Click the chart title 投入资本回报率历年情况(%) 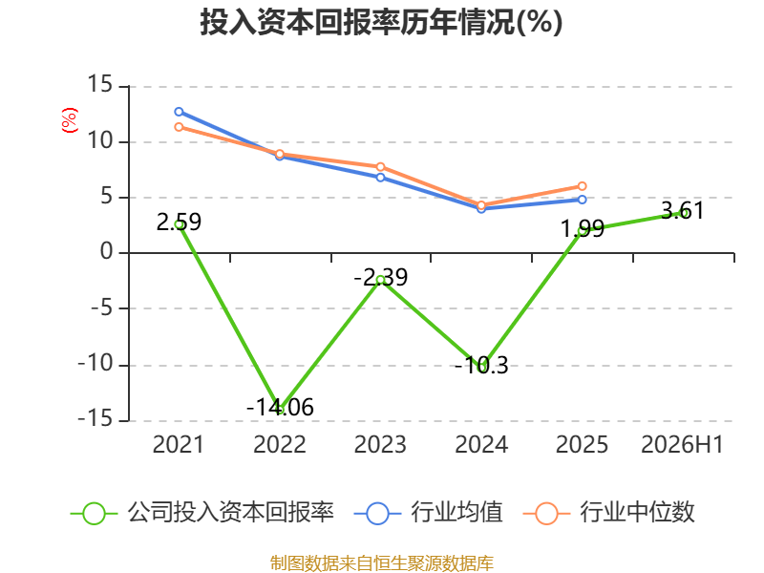pyautogui.click(x=381, y=22)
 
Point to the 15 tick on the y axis pyautogui.click(x=99, y=84)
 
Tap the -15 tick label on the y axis pyautogui.click(x=95, y=418)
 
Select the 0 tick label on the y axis pyautogui.click(x=106, y=252)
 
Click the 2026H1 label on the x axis pyautogui.click(x=682, y=444)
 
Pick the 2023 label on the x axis pyautogui.click(x=380, y=444)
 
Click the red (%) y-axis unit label pyautogui.click(x=70, y=120)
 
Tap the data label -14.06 pyautogui.click(x=280, y=407)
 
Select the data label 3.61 pyautogui.click(x=683, y=210)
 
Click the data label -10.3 pyautogui.click(x=481, y=365)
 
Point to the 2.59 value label pyautogui.click(x=179, y=222)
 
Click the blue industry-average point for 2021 pyautogui.click(x=179, y=112)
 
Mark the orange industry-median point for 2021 pyautogui.click(x=179, y=127)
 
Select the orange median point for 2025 pyautogui.click(x=582, y=186)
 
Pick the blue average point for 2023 pyautogui.click(x=380, y=178)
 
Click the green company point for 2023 pyautogui.click(x=380, y=280)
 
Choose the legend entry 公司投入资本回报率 pyautogui.click(x=202, y=513)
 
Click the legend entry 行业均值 pyautogui.click(x=428, y=513)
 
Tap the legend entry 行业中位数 pyautogui.click(x=608, y=513)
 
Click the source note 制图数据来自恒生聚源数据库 pyautogui.click(x=382, y=562)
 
